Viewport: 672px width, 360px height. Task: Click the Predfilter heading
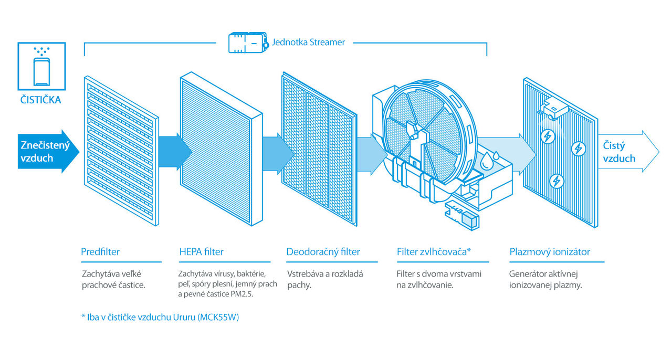point(100,252)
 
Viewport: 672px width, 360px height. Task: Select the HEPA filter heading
point(201,252)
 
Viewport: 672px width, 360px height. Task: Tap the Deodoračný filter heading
point(323,252)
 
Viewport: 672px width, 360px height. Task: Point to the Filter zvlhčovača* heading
point(434,252)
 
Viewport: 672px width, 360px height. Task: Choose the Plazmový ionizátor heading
point(550,252)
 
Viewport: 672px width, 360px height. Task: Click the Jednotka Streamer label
point(308,43)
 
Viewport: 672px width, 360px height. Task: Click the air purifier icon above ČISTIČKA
point(41,66)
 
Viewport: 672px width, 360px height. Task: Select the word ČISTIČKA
point(41,100)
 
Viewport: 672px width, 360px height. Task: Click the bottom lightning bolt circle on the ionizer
point(556,181)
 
